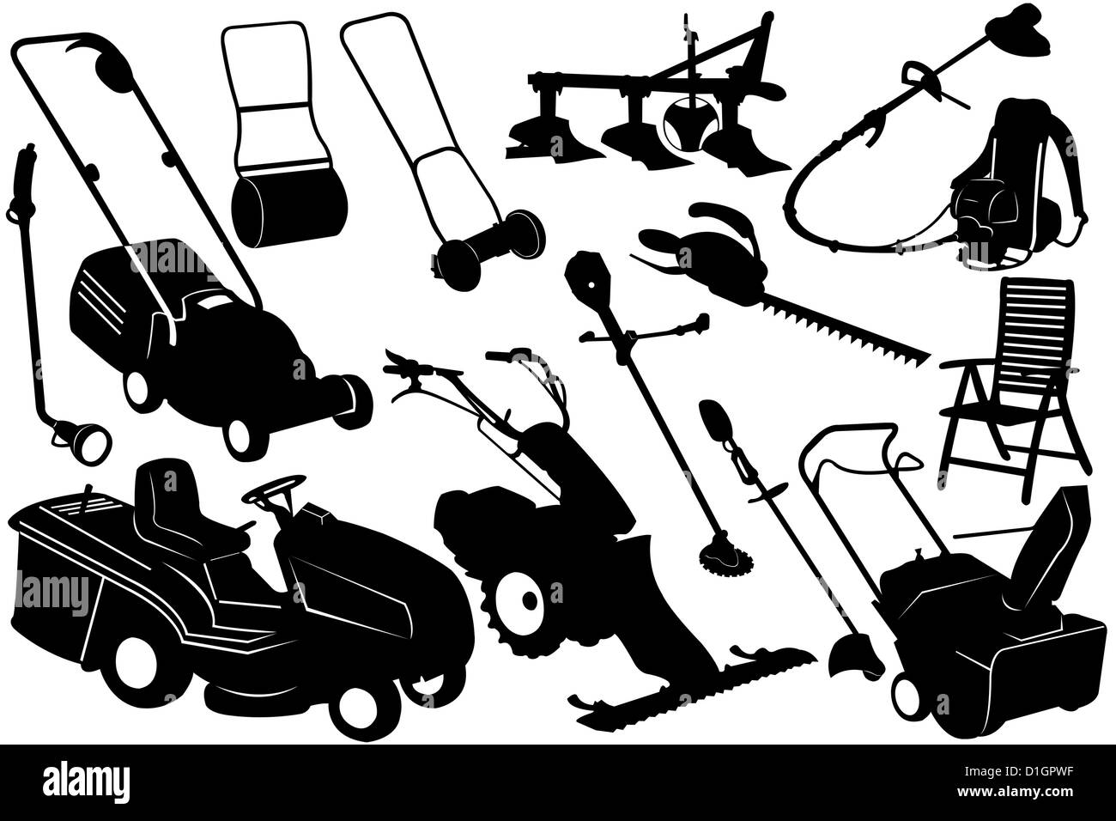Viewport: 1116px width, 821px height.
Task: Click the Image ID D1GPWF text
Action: coord(1019,771)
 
